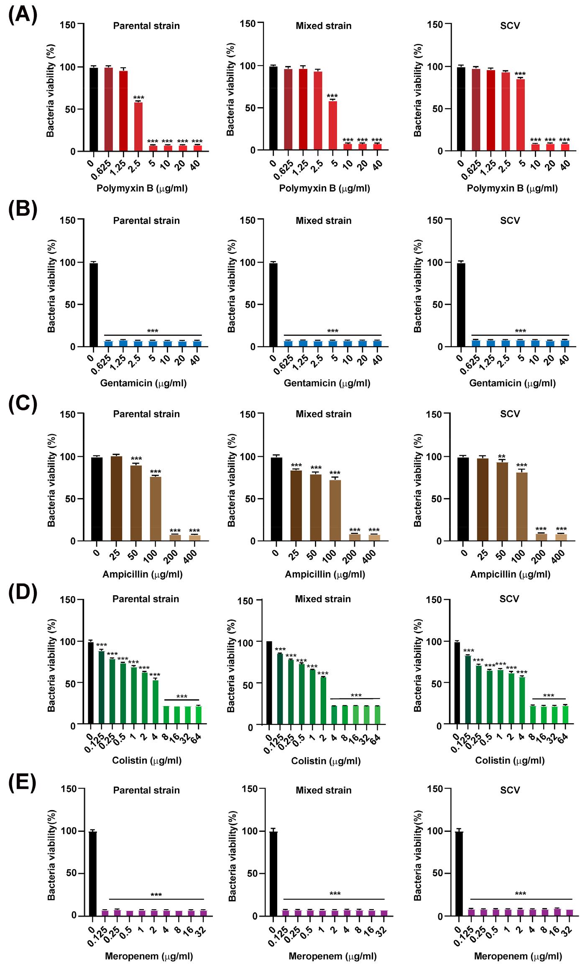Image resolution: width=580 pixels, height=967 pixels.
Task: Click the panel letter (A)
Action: [23, 15]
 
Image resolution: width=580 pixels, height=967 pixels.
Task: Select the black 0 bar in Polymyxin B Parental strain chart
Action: [94, 109]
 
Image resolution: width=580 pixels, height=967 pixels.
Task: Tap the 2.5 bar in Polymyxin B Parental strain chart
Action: [138, 127]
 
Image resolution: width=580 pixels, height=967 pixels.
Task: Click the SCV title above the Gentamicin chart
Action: [510, 220]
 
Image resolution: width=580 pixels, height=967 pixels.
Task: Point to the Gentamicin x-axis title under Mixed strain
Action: [327, 383]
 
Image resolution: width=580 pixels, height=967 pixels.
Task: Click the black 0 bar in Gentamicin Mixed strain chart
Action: [273, 304]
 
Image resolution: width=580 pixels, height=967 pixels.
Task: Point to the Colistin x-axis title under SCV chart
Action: [510, 760]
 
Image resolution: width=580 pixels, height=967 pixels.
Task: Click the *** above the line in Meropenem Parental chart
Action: [156, 895]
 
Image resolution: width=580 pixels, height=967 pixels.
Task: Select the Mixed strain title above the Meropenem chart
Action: [324, 790]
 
